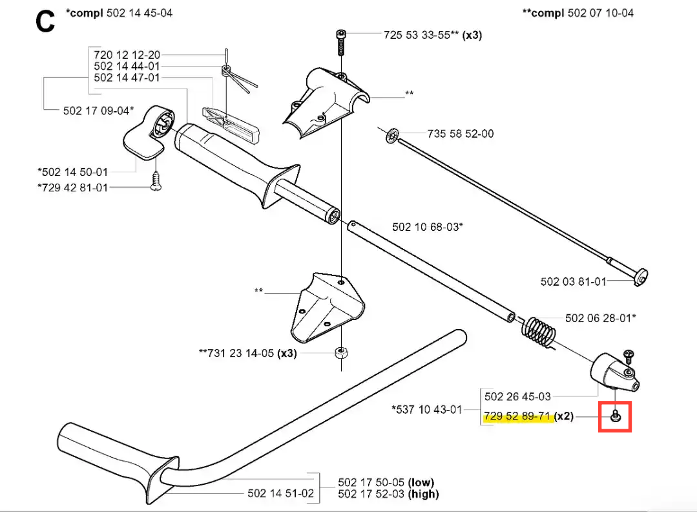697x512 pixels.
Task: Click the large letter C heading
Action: coord(45,21)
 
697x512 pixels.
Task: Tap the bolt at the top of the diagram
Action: coord(341,42)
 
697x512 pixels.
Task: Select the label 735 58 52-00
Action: coord(461,133)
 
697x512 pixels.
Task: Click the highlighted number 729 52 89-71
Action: coord(517,416)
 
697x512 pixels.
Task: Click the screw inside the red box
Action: coord(615,416)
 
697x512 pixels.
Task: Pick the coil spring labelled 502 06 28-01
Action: coord(538,332)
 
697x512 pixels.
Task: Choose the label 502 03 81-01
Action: coord(573,282)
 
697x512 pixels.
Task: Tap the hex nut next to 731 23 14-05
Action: coord(341,352)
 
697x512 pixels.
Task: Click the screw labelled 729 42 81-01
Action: coord(156,182)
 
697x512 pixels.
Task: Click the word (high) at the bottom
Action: coord(423,494)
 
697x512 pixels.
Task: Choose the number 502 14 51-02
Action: coord(280,493)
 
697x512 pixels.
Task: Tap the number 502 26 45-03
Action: coord(517,396)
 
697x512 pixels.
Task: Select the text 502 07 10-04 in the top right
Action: coord(601,13)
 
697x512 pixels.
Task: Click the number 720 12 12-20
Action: coord(127,55)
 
